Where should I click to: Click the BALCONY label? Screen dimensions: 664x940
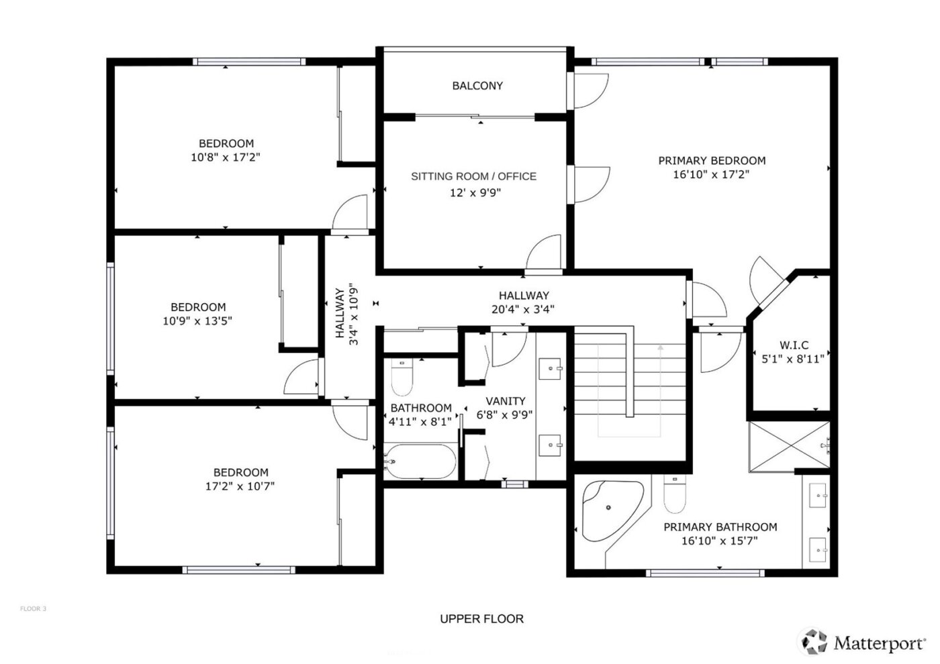[477, 86]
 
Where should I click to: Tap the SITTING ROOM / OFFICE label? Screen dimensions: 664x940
[473, 176]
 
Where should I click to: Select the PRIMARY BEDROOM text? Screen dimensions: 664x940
[711, 160]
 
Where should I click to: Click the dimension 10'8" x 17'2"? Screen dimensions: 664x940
[226, 158]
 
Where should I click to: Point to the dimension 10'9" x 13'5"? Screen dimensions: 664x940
[197, 321]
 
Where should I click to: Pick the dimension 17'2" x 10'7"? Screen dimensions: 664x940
[240, 486]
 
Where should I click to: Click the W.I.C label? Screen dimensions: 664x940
[794, 345]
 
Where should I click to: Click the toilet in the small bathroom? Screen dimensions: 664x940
[403, 379]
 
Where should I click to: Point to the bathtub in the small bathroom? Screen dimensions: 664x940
[420, 461]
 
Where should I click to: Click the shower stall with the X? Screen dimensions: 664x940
[789, 447]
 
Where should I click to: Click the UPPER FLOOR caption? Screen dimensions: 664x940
[481, 619]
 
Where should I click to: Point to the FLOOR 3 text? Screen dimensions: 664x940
[33, 609]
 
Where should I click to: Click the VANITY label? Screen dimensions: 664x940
[505, 401]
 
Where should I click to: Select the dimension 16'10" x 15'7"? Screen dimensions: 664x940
[720, 541]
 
